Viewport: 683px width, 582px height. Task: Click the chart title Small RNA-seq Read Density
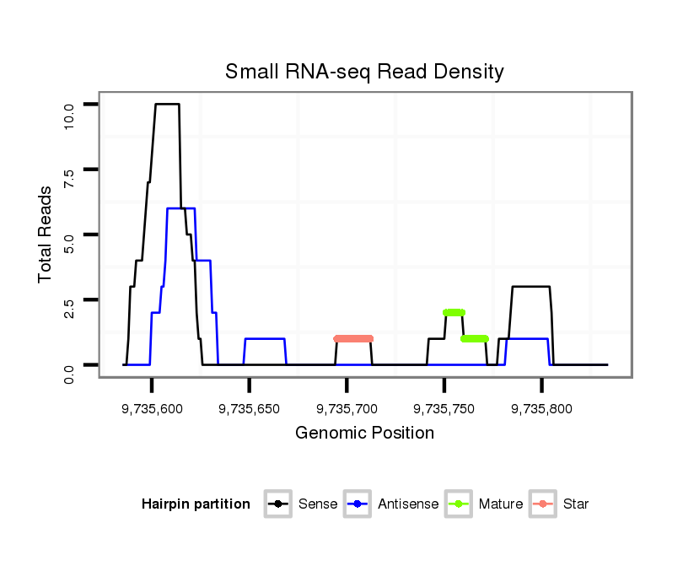(x=364, y=72)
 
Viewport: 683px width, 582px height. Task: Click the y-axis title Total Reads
(x=46, y=234)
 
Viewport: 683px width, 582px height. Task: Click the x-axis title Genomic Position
(x=364, y=434)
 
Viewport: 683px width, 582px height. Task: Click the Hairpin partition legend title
(x=196, y=504)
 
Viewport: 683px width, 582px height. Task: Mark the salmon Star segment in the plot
(x=353, y=338)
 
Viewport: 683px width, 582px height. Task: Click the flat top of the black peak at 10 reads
(x=167, y=104)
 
